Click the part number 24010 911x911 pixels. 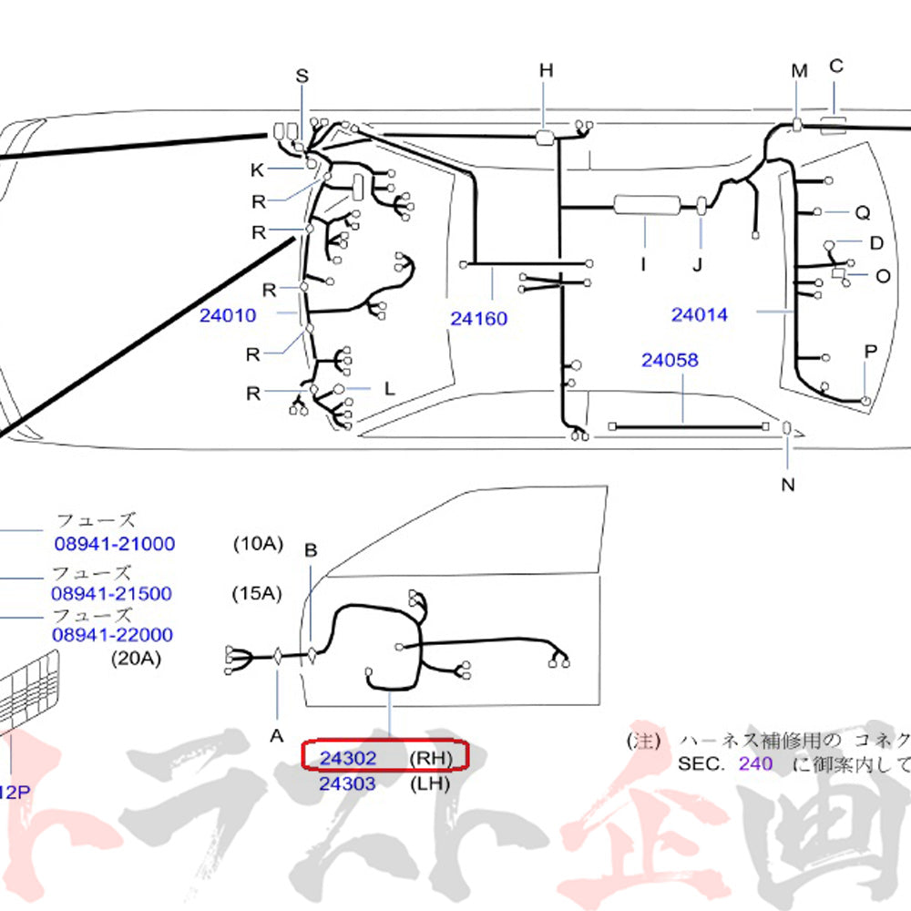coord(228,316)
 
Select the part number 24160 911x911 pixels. coord(478,319)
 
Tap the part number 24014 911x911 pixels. coord(700,315)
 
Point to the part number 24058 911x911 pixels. coord(670,361)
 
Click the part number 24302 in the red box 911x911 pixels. coord(347,757)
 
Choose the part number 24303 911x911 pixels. coord(347,783)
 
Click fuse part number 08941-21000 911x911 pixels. coord(114,544)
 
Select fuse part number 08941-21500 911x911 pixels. coord(111,593)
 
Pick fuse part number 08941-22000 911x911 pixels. coord(111,634)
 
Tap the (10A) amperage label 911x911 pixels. coord(258,544)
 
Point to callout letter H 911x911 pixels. coord(546,70)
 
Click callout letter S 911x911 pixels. coord(302,77)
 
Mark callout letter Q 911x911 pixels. coord(862,213)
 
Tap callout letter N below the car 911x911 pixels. coord(787,484)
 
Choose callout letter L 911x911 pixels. coord(389,389)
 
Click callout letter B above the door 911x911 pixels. coord(310,551)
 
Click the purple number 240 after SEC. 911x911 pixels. coord(755,763)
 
